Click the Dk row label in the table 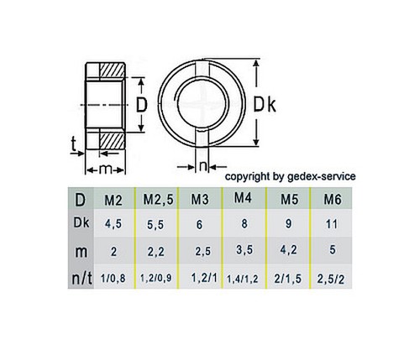tap(78, 223)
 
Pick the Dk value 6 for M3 tap(199, 225)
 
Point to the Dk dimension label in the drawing tap(265, 104)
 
